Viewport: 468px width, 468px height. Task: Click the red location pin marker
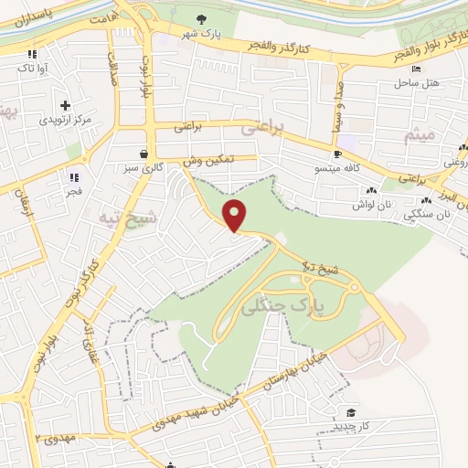236,215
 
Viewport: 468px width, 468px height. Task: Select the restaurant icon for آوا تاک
32,54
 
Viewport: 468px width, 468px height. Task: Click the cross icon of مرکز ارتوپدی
64,105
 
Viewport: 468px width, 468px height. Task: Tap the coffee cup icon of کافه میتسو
337,154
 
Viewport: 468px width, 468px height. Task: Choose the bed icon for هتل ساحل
417,69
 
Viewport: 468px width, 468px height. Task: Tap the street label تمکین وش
208,158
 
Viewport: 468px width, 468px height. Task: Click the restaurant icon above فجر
74,176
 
